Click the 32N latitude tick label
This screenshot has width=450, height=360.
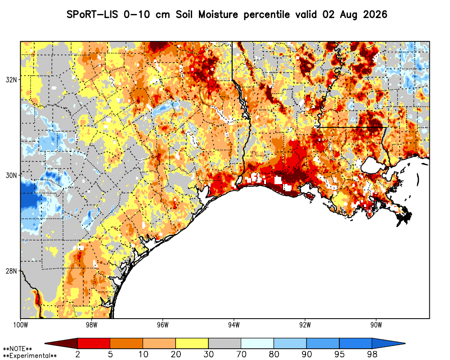click(x=11, y=80)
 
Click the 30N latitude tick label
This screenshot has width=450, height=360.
click(x=11, y=175)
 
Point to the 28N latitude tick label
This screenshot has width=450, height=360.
click(x=11, y=271)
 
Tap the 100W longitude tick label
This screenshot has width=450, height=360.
click(x=21, y=325)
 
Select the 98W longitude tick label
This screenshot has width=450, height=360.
click(x=91, y=325)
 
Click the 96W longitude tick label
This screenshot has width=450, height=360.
click(x=163, y=325)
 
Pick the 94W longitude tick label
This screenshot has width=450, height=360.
click(x=234, y=325)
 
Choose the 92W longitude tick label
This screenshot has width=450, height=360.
click(x=305, y=325)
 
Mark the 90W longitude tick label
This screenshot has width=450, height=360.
click(x=376, y=325)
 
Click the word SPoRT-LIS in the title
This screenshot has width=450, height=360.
click(x=92, y=14)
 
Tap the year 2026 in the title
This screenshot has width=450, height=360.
click(x=375, y=14)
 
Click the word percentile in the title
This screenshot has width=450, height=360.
click(x=266, y=15)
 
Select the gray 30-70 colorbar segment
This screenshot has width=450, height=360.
click(x=225, y=343)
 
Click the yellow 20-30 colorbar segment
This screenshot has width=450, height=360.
click(x=192, y=343)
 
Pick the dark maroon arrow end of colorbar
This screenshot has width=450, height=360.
click(x=61, y=343)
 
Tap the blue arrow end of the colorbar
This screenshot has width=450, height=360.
click(x=389, y=343)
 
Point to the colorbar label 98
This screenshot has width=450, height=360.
click(x=372, y=354)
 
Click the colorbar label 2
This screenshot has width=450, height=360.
click(x=78, y=354)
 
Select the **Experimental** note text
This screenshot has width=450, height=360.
click(x=30, y=356)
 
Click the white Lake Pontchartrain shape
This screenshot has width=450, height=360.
click(x=373, y=166)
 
